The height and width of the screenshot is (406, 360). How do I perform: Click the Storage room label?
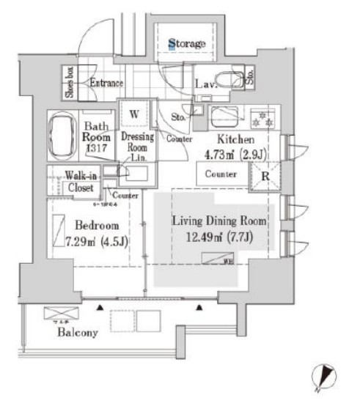coord(188,44)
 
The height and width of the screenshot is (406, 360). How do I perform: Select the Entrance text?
coord(106,84)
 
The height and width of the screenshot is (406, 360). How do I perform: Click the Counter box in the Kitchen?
coord(220,174)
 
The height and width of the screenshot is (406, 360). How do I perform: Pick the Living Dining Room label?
coord(219,221)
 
